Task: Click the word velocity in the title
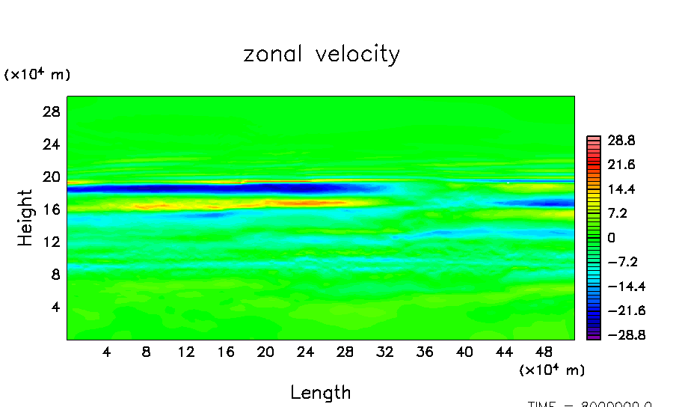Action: (358, 55)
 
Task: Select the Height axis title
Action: (26, 218)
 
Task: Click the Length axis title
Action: (321, 392)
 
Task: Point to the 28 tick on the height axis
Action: (51, 111)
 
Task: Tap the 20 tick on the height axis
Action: (51, 177)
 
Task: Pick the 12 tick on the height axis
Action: (51, 242)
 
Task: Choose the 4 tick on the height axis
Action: (55, 307)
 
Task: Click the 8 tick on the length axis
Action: (147, 352)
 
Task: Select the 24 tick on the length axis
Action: (305, 352)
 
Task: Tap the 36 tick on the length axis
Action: (424, 352)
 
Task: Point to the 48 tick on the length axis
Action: (544, 352)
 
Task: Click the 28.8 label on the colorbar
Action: (621, 140)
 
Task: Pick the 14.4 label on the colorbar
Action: (621, 189)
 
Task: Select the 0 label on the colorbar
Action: (611, 237)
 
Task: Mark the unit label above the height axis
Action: (37, 75)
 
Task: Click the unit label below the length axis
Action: (552, 370)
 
